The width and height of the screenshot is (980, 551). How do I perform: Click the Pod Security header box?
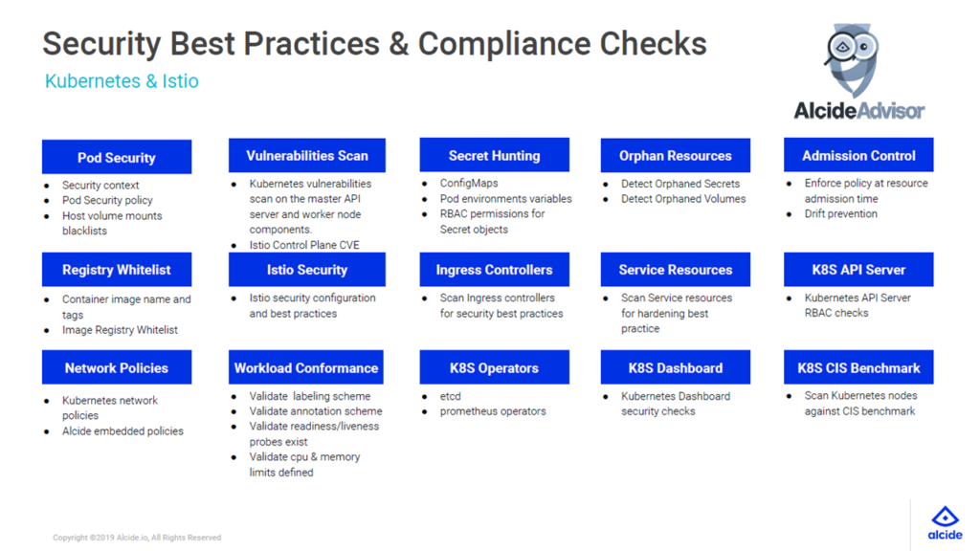click(117, 157)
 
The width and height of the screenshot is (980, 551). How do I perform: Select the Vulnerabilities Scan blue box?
click(307, 156)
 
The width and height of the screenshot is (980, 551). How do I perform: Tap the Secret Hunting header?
click(495, 155)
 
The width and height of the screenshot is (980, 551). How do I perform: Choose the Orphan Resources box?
click(676, 156)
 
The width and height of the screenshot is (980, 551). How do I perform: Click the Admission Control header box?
click(858, 155)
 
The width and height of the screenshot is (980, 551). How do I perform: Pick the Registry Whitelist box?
click(117, 269)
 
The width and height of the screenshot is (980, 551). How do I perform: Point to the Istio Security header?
click(307, 269)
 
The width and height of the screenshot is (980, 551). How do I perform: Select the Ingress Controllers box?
click(495, 269)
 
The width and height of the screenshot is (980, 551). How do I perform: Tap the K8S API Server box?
click(858, 269)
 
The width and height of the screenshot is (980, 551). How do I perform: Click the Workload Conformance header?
click(306, 367)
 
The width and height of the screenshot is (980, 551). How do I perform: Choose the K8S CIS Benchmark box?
click(858, 367)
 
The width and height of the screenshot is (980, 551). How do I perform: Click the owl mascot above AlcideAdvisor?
click(851, 60)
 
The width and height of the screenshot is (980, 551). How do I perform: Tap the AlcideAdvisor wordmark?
click(859, 111)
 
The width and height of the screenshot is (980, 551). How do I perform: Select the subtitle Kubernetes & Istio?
click(122, 81)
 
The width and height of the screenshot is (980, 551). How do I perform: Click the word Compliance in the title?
click(504, 44)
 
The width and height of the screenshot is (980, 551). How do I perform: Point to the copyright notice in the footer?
click(137, 538)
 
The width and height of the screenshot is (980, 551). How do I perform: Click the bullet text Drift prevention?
click(840, 213)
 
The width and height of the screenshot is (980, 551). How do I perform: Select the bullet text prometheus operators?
click(493, 411)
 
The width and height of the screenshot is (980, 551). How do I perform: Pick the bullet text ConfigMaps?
click(469, 183)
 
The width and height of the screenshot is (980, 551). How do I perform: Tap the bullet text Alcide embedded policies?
click(122, 431)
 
